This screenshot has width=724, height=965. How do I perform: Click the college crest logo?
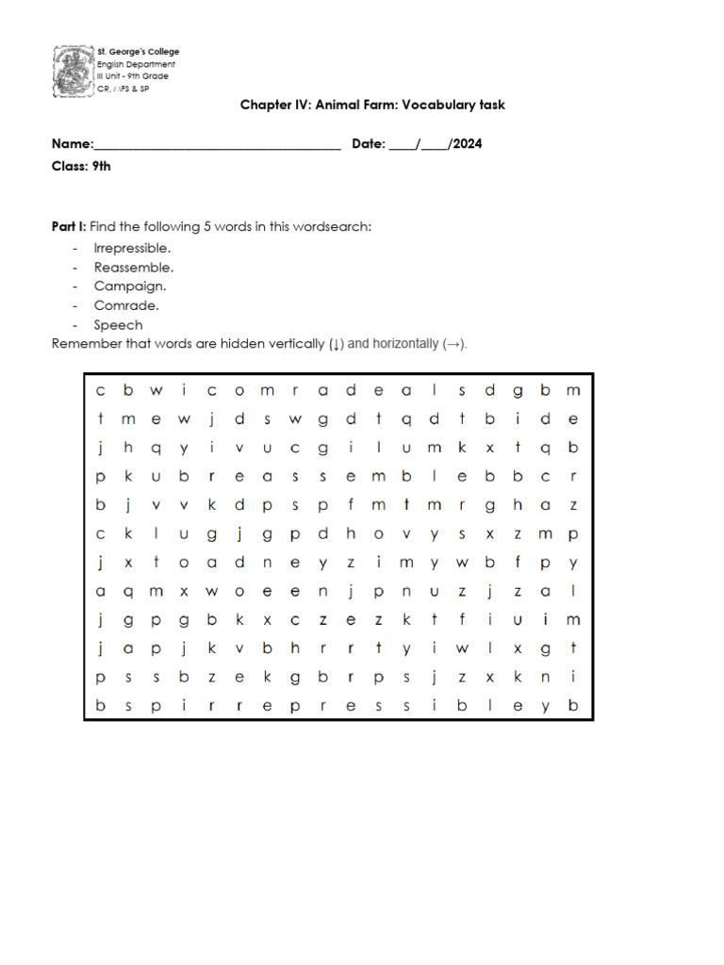73,71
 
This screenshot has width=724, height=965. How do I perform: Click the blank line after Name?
217,145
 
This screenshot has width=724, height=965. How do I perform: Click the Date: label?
369,144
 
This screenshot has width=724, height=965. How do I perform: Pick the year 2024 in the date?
468,144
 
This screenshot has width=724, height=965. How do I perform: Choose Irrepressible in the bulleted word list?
132,248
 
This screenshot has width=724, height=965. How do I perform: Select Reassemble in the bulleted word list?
133,268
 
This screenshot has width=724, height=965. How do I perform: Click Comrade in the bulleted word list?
126,305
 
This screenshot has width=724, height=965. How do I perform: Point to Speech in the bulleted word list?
119,325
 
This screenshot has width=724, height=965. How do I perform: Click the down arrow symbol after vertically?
336,344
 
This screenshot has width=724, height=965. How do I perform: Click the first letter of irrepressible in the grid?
185,706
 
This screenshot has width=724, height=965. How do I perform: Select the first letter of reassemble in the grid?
212,477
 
